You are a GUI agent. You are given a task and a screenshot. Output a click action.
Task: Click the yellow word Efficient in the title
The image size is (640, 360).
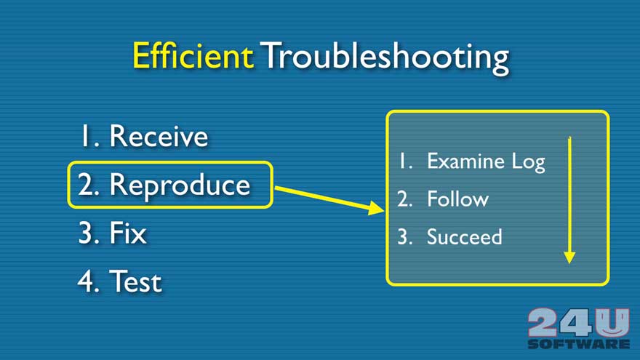[193, 55]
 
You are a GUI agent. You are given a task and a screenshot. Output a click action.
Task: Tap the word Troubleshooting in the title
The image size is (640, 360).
[385, 58]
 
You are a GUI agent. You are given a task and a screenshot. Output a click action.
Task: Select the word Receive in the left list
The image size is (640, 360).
[159, 136]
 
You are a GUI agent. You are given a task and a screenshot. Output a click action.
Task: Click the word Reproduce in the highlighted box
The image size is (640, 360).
[180, 185]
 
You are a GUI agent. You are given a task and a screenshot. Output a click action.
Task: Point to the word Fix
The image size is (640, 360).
[128, 233]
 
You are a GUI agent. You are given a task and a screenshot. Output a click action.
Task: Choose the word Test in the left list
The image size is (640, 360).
[135, 281]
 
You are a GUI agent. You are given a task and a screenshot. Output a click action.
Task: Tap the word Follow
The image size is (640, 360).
[457, 199]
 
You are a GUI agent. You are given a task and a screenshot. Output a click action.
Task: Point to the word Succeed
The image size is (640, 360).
[465, 237]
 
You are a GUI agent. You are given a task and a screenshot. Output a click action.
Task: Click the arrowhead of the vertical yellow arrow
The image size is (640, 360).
[569, 257]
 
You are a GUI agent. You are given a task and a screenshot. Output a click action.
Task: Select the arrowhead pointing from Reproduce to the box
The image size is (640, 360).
[375, 208]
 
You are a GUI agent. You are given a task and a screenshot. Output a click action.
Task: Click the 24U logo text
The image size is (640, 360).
[578, 322]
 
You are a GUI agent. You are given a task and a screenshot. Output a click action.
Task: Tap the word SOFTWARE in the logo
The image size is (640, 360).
[578, 343]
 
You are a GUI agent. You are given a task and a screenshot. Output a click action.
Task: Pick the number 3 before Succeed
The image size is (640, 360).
[404, 237]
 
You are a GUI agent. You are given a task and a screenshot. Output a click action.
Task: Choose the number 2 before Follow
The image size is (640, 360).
[404, 199]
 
